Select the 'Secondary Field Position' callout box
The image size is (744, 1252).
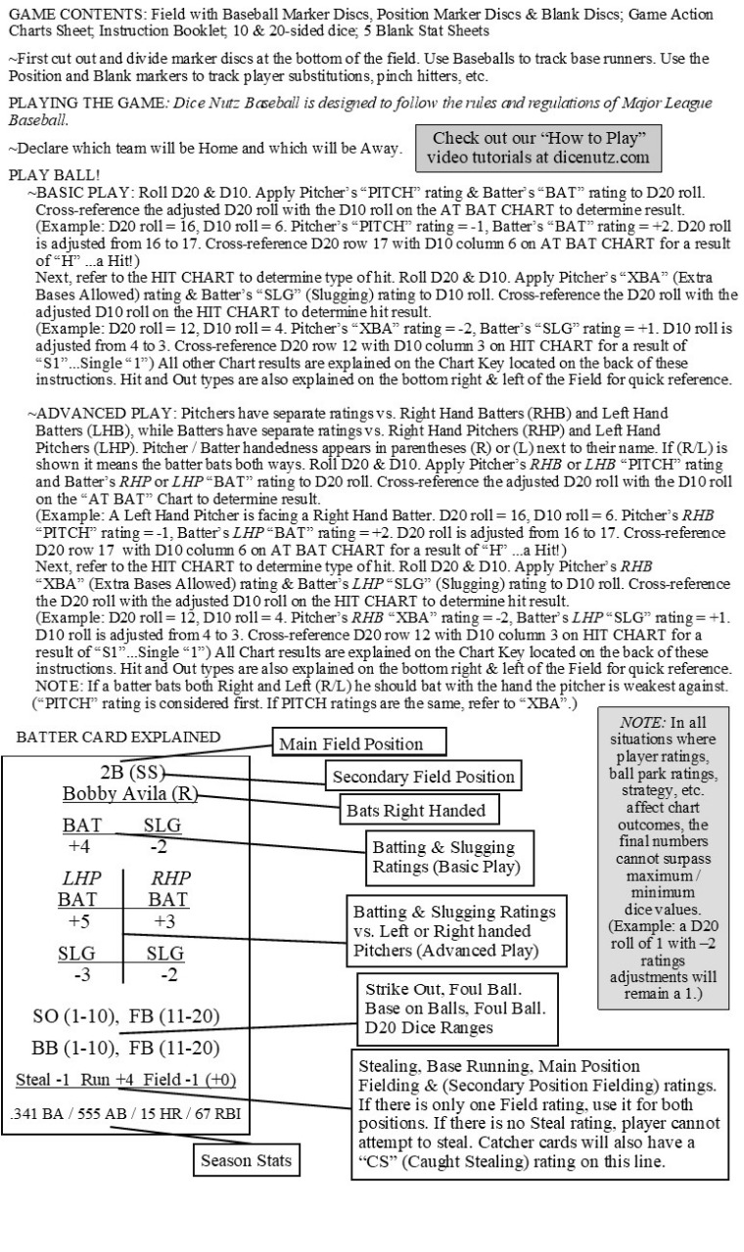coord(423,778)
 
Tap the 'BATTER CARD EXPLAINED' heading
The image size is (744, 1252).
coord(118,737)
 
